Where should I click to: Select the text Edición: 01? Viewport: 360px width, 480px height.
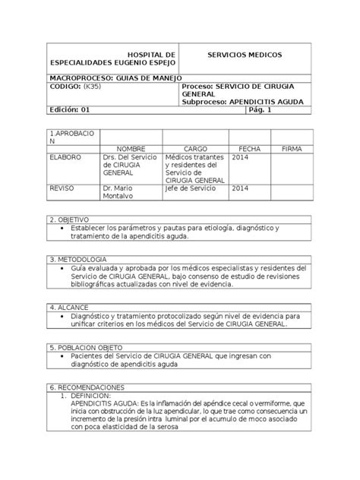tap(71, 110)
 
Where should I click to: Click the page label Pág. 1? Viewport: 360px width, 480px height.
tap(260, 110)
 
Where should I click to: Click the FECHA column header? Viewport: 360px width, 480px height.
tap(248, 149)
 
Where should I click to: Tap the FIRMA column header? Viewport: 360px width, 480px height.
tap(292, 149)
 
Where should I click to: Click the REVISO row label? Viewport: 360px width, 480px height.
tap(62, 188)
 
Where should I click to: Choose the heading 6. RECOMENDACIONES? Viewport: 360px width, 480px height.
tap(86, 386)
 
